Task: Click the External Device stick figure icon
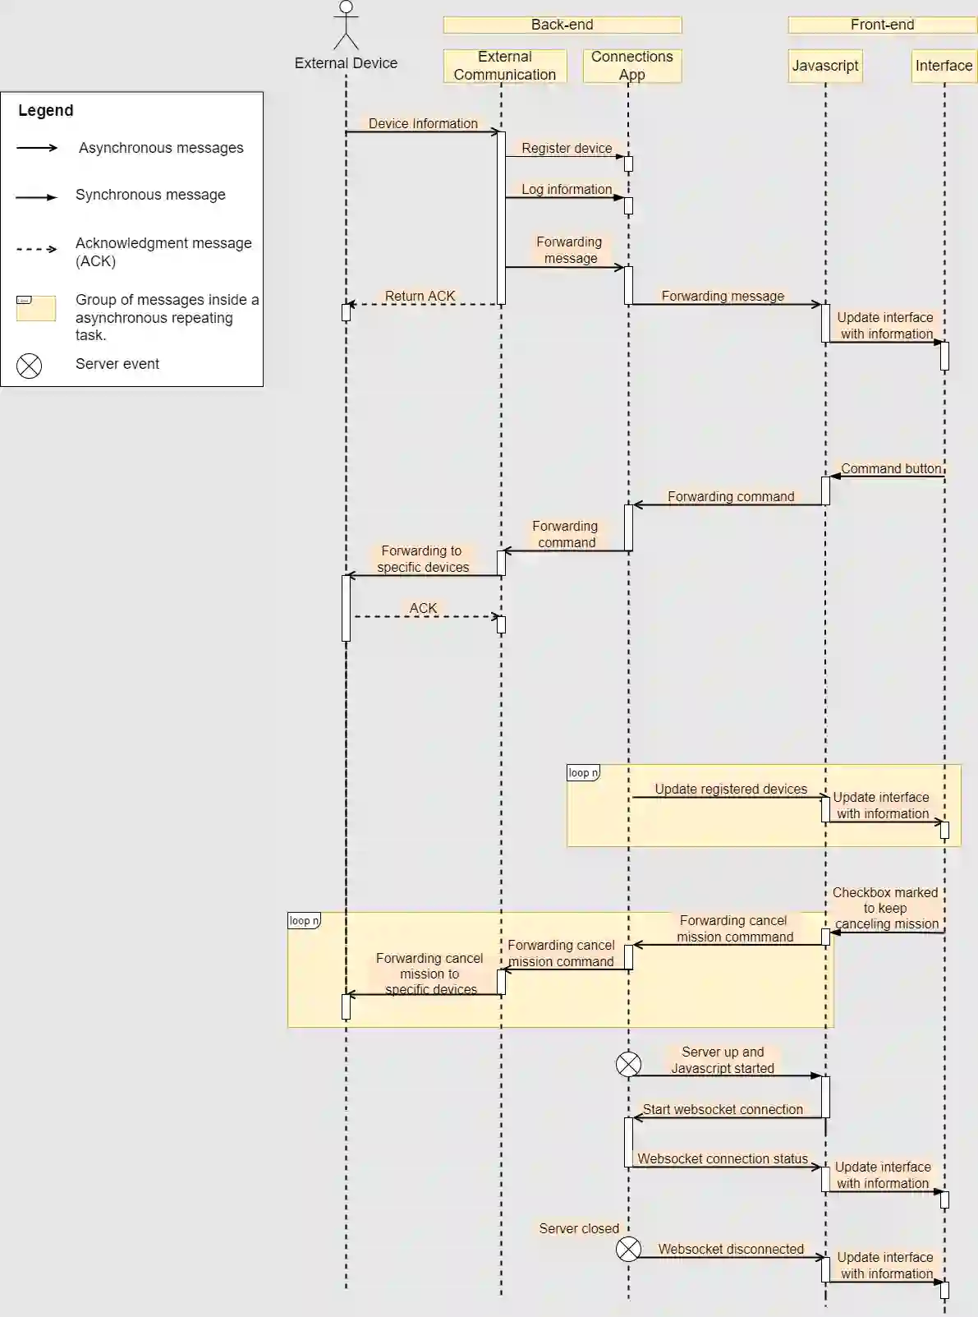(x=346, y=25)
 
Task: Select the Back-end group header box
(x=562, y=25)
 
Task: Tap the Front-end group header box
(x=882, y=25)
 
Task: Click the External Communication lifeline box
(x=505, y=66)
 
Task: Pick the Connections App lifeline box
(x=631, y=66)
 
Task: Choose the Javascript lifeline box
(x=825, y=66)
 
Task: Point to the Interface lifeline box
(x=944, y=66)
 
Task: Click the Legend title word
(x=46, y=110)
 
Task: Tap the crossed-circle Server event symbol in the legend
(x=30, y=366)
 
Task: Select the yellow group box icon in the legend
(x=36, y=308)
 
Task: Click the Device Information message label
(x=423, y=123)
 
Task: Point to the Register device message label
(x=567, y=148)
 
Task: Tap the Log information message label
(x=567, y=189)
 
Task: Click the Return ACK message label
(x=420, y=296)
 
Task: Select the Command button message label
(x=891, y=468)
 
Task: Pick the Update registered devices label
(x=731, y=789)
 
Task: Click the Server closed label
(x=579, y=1228)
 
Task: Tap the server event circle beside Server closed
(x=628, y=1249)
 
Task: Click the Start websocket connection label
(x=723, y=1109)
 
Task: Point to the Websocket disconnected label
(x=731, y=1249)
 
